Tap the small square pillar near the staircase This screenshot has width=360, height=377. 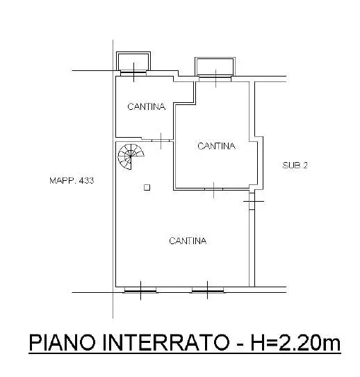pyautogui.click(x=147, y=188)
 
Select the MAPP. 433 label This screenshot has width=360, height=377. pyautogui.click(x=72, y=181)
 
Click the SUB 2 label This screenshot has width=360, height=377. pyautogui.click(x=295, y=165)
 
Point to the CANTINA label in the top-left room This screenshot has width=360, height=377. pyautogui.click(x=147, y=106)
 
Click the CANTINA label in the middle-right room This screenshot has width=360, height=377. pyautogui.click(x=216, y=146)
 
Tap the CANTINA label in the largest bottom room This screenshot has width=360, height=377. pyautogui.click(x=188, y=241)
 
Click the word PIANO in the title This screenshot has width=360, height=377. pyautogui.click(x=63, y=342)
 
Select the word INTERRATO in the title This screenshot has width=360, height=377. pyautogui.click(x=165, y=342)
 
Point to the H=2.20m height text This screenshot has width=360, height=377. pyautogui.click(x=295, y=342)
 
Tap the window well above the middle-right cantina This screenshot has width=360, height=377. pyautogui.click(x=215, y=67)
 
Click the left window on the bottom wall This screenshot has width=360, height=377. pyautogui.click(x=140, y=291)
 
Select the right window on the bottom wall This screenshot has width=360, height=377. pyautogui.click(x=208, y=291)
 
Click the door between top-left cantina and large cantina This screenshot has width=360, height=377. pyautogui.click(x=161, y=141)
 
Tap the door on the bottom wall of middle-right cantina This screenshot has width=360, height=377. pyautogui.click(x=214, y=189)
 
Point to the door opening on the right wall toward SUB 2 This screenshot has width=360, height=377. pyautogui.click(x=252, y=201)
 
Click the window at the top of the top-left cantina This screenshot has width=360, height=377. pyautogui.click(x=133, y=73)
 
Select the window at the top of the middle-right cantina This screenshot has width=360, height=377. pyautogui.click(x=215, y=79)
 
